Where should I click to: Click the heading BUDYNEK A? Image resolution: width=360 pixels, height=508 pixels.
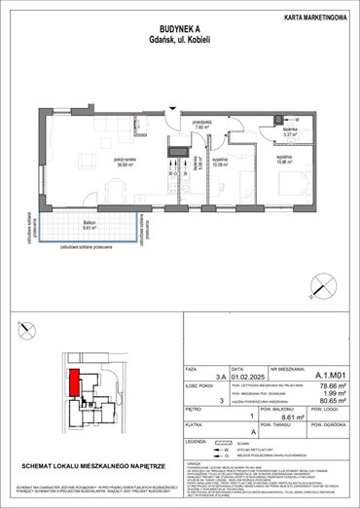tap(179, 28)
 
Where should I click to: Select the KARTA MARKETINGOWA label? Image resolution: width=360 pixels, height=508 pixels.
tap(312, 16)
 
